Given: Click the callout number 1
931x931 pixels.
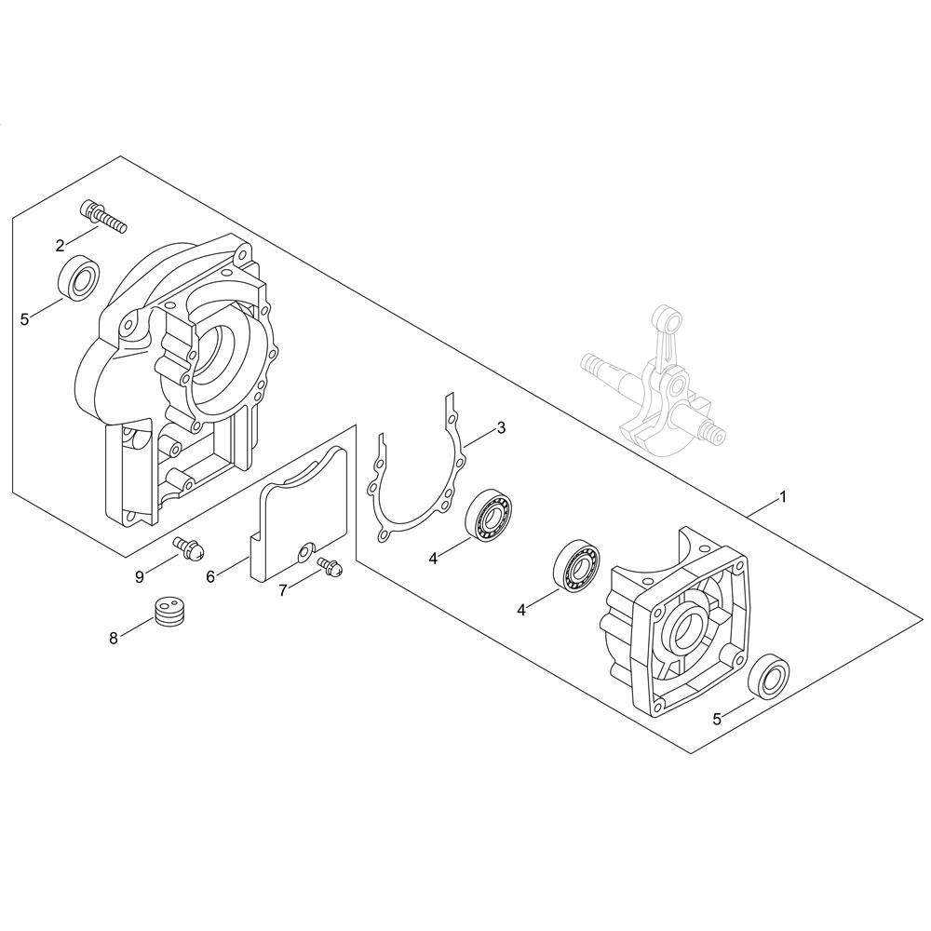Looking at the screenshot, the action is click(783, 496).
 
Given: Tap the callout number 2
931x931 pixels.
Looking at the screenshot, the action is click(60, 246).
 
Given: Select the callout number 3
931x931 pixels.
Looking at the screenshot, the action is click(501, 427).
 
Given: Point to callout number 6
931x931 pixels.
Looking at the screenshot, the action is click(210, 576).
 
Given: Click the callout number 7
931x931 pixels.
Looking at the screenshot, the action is click(283, 589).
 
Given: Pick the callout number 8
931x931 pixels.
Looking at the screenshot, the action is click(114, 639).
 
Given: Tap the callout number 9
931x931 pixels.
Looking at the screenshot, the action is click(140, 576).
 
